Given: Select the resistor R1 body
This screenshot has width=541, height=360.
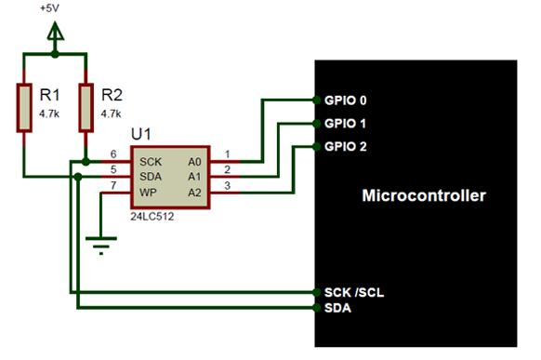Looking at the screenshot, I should click(x=25, y=107).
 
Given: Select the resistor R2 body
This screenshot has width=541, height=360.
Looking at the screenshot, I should click(x=86, y=107).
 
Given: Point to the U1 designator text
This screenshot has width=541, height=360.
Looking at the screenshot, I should click(x=141, y=135).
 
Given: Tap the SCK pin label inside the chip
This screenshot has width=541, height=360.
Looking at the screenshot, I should click(x=150, y=160).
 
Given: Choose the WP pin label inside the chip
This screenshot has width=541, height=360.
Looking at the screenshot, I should click(x=147, y=192).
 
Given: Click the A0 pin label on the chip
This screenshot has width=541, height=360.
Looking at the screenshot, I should click(x=195, y=160).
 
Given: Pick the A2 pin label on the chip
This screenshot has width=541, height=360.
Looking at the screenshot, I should click(x=195, y=192).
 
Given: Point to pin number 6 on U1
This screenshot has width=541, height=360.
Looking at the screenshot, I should click(x=112, y=154).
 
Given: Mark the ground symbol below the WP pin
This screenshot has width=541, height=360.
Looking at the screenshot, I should click(x=99, y=244).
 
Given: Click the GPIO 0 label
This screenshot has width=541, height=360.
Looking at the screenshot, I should click(x=346, y=100).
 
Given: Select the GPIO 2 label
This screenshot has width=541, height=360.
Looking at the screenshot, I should click(x=346, y=147).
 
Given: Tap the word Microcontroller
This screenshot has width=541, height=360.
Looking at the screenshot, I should click(x=423, y=196).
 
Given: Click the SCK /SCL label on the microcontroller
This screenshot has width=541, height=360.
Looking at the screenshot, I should click(x=354, y=292).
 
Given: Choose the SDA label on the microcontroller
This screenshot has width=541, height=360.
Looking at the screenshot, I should click(x=338, y=307).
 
